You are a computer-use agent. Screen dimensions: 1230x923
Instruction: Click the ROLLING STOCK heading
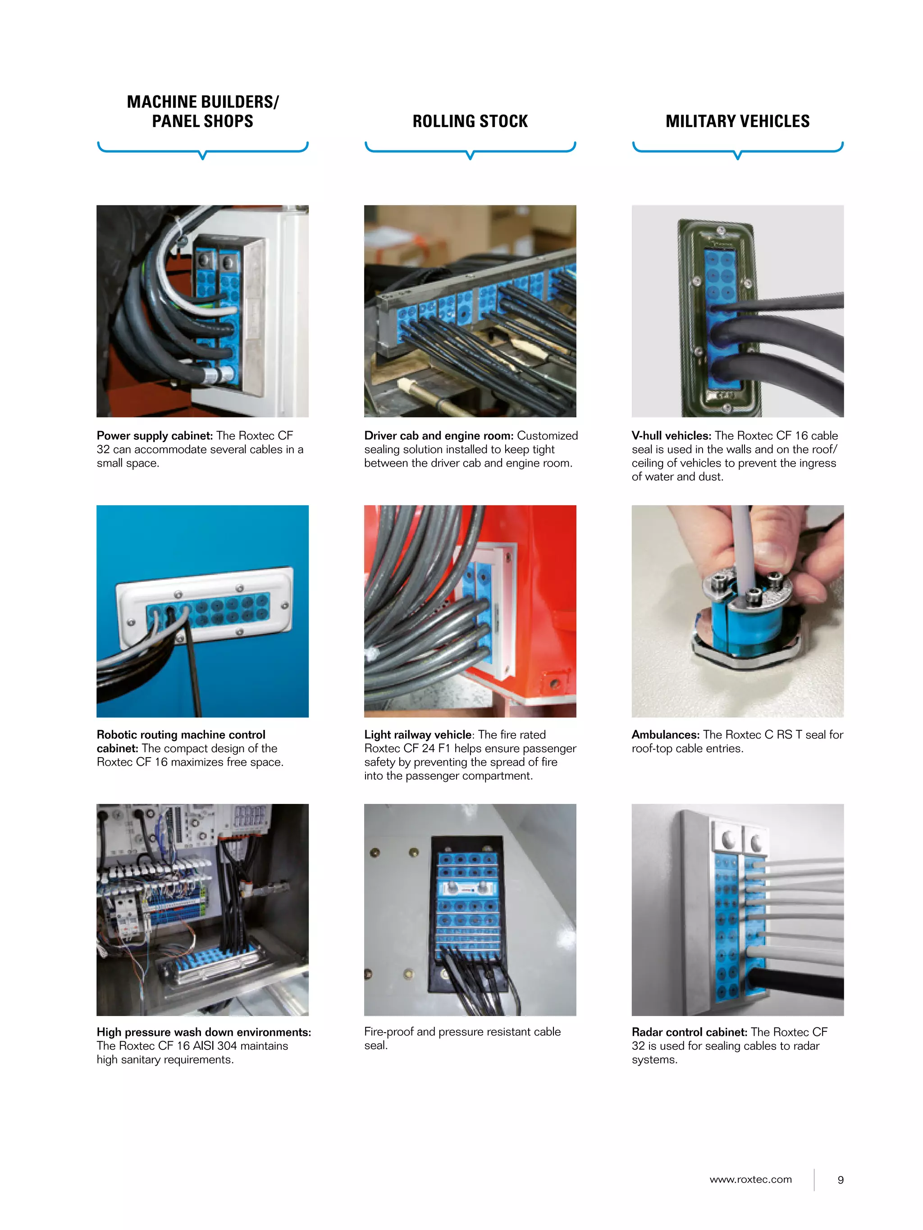coord(470,121)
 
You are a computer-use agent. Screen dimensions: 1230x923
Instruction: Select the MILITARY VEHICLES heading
coord(737,121)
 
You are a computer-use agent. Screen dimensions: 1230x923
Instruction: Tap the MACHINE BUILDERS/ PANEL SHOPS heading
coord(202,111)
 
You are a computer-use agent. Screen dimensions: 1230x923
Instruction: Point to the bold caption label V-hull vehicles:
coord(671,436)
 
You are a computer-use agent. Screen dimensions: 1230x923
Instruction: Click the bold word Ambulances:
coord(665,735)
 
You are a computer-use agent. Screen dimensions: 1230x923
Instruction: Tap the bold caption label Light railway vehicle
coord(417,735)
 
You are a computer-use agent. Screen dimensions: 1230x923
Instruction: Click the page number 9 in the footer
coord(840,1180)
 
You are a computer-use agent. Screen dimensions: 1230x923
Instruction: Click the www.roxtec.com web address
coord(750,1180)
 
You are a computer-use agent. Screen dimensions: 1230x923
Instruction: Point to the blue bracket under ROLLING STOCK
coord(470,149)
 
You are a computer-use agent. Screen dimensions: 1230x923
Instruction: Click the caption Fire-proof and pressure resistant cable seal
coord(462,1038)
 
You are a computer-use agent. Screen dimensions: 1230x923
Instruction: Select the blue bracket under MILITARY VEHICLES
coord(737,149)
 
